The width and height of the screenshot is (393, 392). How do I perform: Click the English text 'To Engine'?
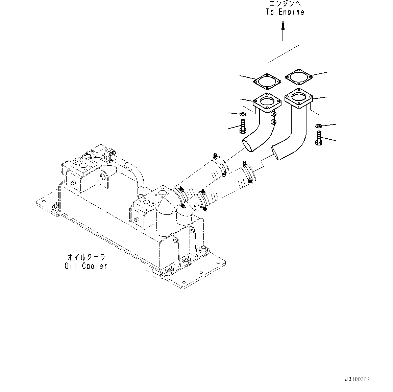[285, 12]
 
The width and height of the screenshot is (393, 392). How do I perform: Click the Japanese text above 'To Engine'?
[285, 4]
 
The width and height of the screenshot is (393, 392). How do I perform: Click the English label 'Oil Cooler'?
[86, 266]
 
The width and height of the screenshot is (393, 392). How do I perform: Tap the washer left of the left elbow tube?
[243, 114]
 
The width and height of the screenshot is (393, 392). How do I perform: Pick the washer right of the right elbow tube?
[318, 126]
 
